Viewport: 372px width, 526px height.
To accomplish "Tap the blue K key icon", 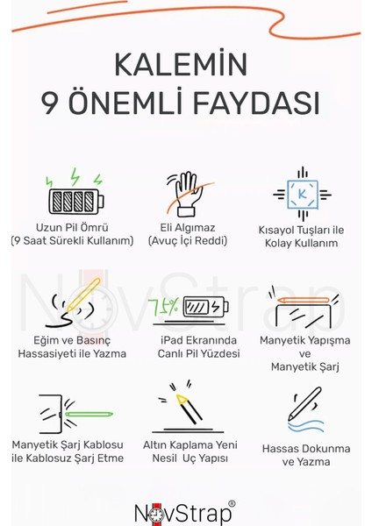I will pyautogui.click(x=302, y=193).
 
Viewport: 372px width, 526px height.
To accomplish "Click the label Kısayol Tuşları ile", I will pyautogui.click(x=301, y=229).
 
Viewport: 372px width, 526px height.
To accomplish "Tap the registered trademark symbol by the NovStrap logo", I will pyautogui.click(x=232, y=504).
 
